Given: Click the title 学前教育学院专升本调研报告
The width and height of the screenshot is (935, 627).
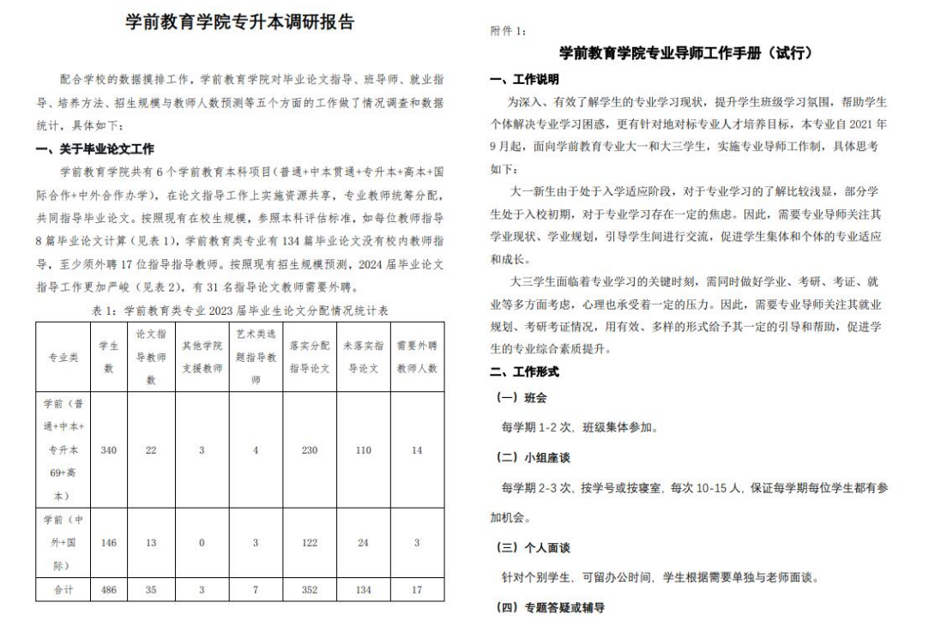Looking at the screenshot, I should click(239, 23).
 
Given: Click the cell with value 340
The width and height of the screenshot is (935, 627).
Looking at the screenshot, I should click(109, 450).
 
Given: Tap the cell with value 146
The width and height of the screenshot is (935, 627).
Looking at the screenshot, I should click(109, 542).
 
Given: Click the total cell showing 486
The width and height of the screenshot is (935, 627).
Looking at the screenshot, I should click(109, 591).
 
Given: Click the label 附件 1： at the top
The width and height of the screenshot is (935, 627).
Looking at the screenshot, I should click(509, 30).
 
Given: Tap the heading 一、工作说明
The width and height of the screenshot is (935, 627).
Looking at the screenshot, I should click(524, 80).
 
